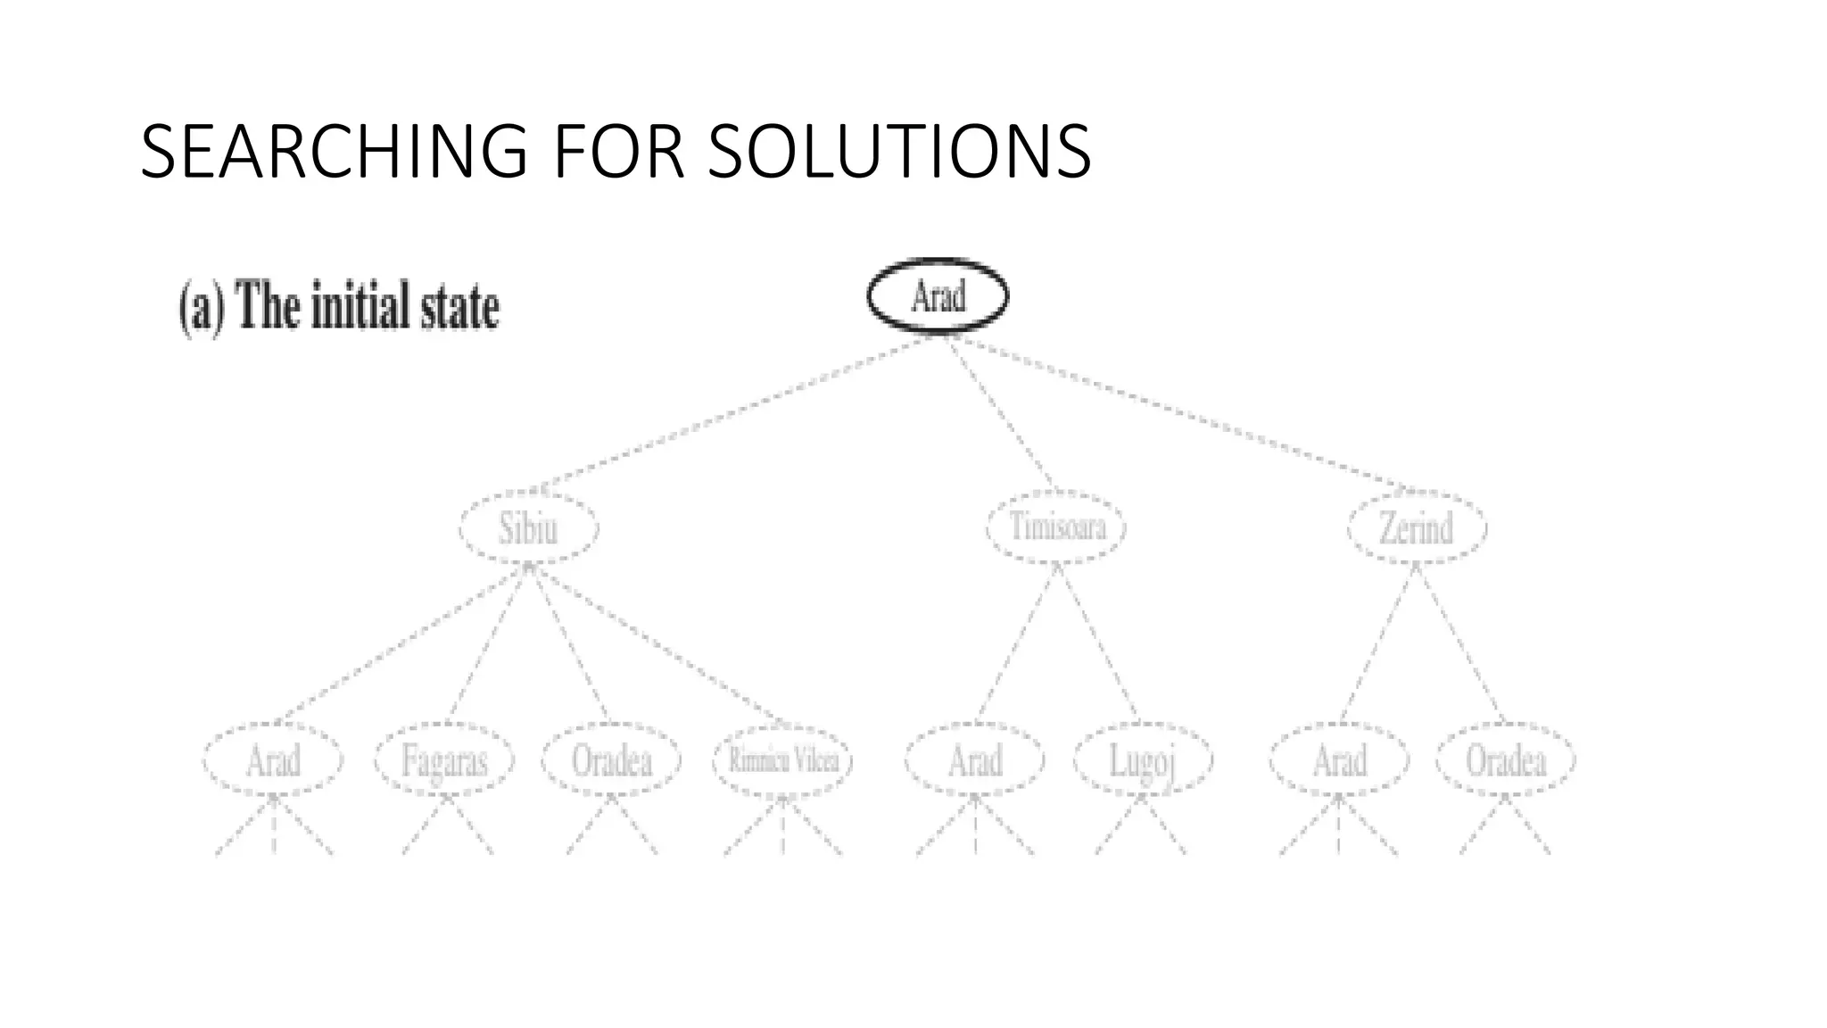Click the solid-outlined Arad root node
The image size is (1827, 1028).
938,295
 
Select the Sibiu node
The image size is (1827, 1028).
528,527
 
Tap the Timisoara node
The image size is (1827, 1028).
1056,526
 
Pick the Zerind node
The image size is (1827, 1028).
1417,527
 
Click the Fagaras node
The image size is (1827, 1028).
444,760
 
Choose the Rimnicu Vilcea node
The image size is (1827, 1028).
782,760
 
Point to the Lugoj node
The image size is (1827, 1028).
1142,760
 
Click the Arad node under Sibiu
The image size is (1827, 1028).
273,760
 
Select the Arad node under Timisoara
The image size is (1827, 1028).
974,760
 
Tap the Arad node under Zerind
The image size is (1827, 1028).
1339,760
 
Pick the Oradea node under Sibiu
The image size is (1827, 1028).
611,760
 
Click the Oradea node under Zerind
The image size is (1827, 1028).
1506,760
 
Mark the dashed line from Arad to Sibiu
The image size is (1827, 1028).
732,413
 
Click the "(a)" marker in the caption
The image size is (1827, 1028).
202,307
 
